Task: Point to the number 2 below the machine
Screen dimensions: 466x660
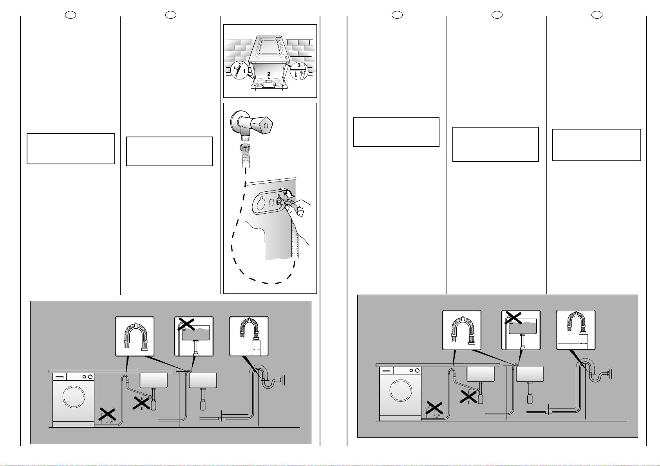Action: tap(269, 74)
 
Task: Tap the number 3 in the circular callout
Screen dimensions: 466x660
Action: tap(299, 65)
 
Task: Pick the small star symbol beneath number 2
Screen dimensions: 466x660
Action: tap(269, 78)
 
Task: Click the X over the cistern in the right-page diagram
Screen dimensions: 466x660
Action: tap(514, 317)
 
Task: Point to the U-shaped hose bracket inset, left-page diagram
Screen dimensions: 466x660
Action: tap(135, 336)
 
